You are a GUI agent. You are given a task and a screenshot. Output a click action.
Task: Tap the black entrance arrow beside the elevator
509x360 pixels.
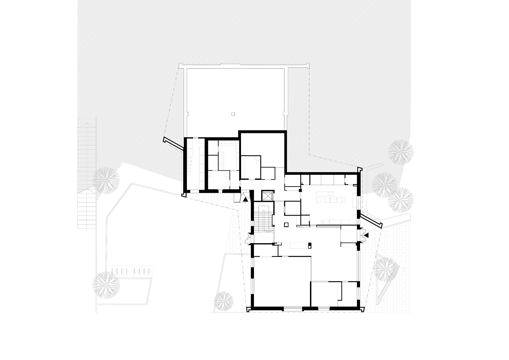point(246,199)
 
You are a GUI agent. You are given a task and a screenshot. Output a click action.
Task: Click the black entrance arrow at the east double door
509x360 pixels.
point(366,236)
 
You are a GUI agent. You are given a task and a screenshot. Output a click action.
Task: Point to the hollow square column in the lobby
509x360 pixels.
point(286,224)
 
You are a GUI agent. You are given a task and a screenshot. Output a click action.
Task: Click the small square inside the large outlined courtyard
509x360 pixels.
point(233,114)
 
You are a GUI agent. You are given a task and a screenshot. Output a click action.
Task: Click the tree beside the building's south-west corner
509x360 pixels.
point(224,301)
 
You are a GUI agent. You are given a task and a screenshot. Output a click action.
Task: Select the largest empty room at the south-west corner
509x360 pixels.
point(282,282)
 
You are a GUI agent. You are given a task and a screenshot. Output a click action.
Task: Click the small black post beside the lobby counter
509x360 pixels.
point(310,246)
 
